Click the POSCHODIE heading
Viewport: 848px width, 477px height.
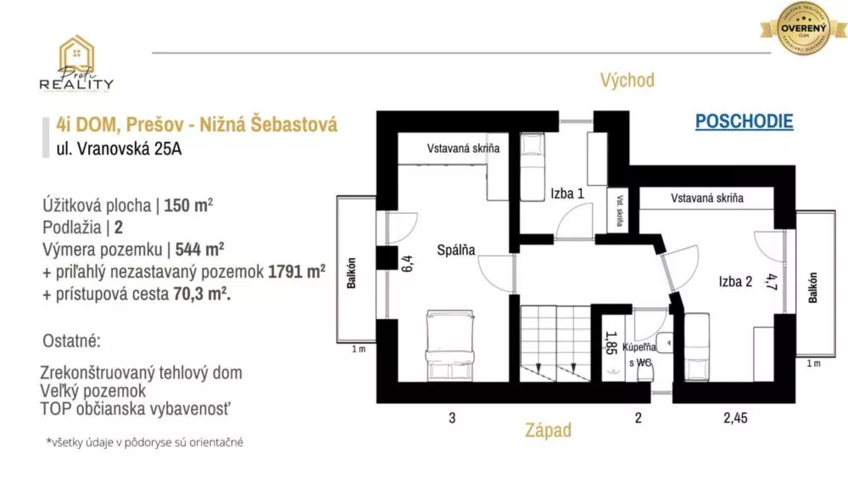tap(744, 121)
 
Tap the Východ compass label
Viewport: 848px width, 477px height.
tap(627, 81)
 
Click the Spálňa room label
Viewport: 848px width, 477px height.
tap(456, 250)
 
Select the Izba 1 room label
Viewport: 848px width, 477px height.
tap(567, 194)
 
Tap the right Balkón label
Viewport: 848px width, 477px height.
tap(812, 288)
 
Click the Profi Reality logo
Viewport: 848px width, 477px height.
tap(75, 64)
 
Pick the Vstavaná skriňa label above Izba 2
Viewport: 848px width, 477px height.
tap(707, 198)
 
